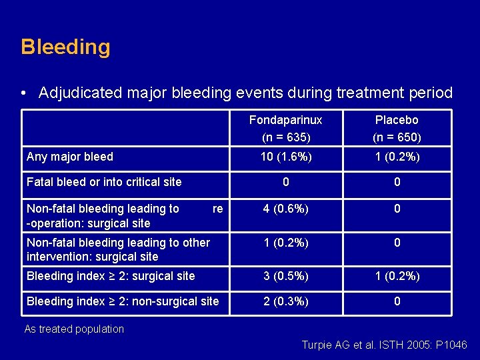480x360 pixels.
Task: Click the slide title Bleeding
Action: [65, 47]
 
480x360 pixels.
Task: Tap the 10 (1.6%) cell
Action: [285, 157]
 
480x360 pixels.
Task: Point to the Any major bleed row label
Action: [70, 157]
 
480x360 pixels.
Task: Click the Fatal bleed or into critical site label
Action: [104, 181]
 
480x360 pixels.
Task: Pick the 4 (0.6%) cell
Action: [285, 209]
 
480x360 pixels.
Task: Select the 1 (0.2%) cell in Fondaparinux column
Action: [285, 243]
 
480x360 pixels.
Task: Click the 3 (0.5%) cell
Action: [285, 275]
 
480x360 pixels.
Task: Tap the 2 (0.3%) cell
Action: [285, 301]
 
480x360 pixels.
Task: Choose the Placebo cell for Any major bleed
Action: [397, 157]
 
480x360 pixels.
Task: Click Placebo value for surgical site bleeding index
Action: [397, 275]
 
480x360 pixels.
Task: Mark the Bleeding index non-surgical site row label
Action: [123, 301]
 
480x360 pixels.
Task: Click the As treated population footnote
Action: [74, 329]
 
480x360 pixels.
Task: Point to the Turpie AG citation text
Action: [385, 345]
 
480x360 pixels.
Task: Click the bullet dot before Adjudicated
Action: [24, 93]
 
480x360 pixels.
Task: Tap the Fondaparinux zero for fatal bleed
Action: [285, 181]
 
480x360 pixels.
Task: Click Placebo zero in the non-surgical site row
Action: [397, 301]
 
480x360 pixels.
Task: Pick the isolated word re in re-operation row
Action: [217, 209]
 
